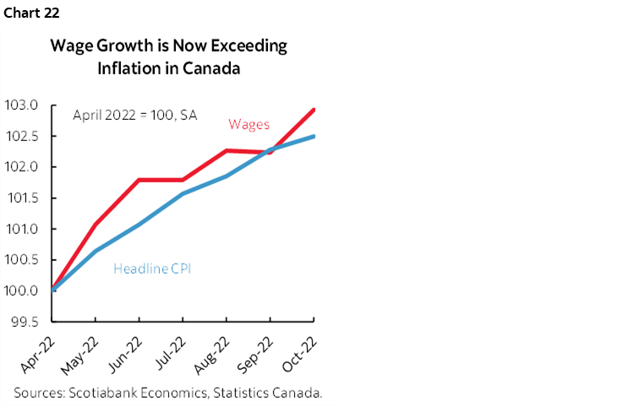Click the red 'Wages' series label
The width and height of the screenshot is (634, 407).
(x=249, y=125)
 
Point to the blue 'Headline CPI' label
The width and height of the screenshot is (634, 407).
(x=150, y=269)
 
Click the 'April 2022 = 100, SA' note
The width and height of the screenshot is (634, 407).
(x=134, y=115)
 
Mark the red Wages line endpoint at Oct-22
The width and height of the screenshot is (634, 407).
(x=314, y=110)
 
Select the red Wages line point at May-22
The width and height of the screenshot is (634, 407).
(x=96, y=224)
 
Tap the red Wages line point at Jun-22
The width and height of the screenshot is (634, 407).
(x=139, y=180)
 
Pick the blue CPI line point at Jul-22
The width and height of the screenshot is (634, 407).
(x=183, y=193)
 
